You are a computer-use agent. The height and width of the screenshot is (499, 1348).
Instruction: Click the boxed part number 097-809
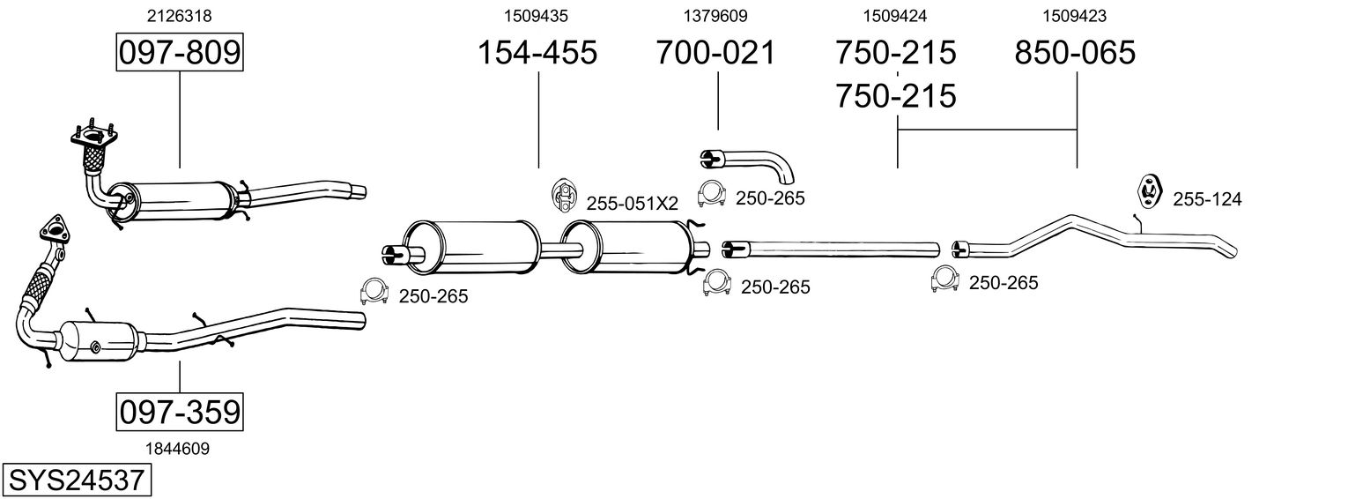click(179, 53)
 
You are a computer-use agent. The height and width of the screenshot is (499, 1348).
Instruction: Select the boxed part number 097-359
click(179, 412)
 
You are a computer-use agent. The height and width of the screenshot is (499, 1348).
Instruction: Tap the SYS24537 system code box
click(76, 480)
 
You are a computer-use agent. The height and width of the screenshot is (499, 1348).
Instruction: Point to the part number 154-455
click(537, 53)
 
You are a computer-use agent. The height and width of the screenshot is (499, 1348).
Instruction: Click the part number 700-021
click(715, 53)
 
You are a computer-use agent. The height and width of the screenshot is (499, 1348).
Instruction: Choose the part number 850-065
click(1075, 53)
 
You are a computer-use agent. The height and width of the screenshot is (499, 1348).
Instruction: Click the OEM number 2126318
click(179, 16)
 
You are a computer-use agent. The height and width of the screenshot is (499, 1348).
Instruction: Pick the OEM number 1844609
click(179, 449)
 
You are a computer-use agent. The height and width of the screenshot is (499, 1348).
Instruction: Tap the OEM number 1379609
click(715, 16)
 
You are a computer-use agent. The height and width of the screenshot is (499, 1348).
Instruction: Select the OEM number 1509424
click(895, 16)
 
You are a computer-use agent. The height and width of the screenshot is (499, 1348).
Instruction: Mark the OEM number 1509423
click(1075, 16)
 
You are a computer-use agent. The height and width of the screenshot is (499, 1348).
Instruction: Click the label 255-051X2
click(632, 204)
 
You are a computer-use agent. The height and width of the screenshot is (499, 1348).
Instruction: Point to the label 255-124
click(1207, 200)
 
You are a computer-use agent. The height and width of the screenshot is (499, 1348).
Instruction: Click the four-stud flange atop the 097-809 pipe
click(92, 138)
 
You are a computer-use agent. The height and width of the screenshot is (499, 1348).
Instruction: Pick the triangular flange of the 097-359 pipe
click(55, 228)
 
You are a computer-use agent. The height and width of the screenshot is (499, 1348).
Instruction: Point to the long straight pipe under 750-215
click(833, 247)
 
